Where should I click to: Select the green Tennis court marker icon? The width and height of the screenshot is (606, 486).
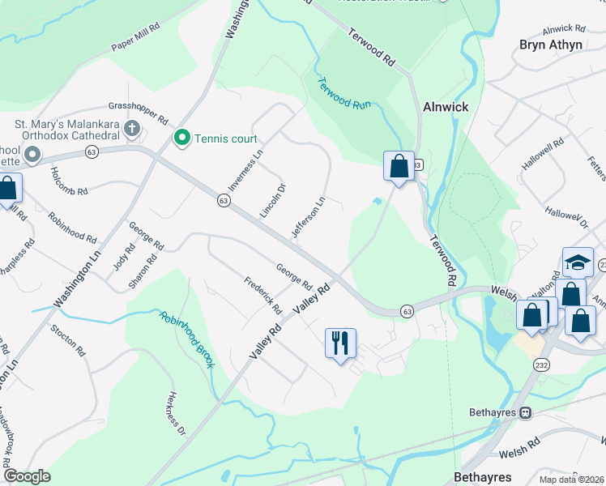(181, 139)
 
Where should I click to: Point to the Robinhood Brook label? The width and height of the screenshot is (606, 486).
(186, 339)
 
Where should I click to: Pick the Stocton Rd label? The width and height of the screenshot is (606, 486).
(67, 340)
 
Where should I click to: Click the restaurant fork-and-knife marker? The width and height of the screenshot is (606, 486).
(340, 342)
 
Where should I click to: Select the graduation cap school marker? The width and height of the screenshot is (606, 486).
(577, 262)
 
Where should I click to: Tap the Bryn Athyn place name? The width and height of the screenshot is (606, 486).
(551, 45)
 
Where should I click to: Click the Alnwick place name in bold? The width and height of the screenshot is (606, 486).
(446, 106)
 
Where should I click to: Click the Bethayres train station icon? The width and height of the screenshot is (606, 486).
(525, 412)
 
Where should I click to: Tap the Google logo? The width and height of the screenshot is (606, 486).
(28, 476)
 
